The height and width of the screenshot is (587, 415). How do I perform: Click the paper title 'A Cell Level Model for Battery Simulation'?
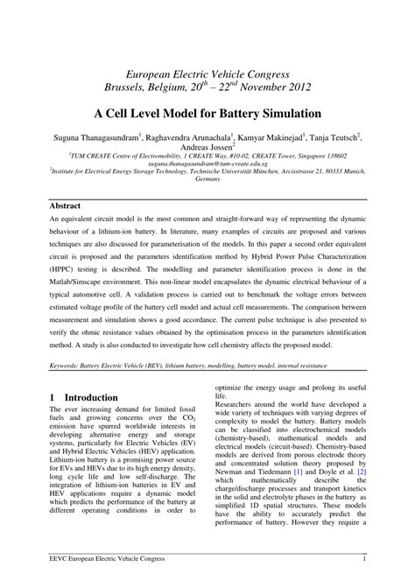(x=207, y=114)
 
